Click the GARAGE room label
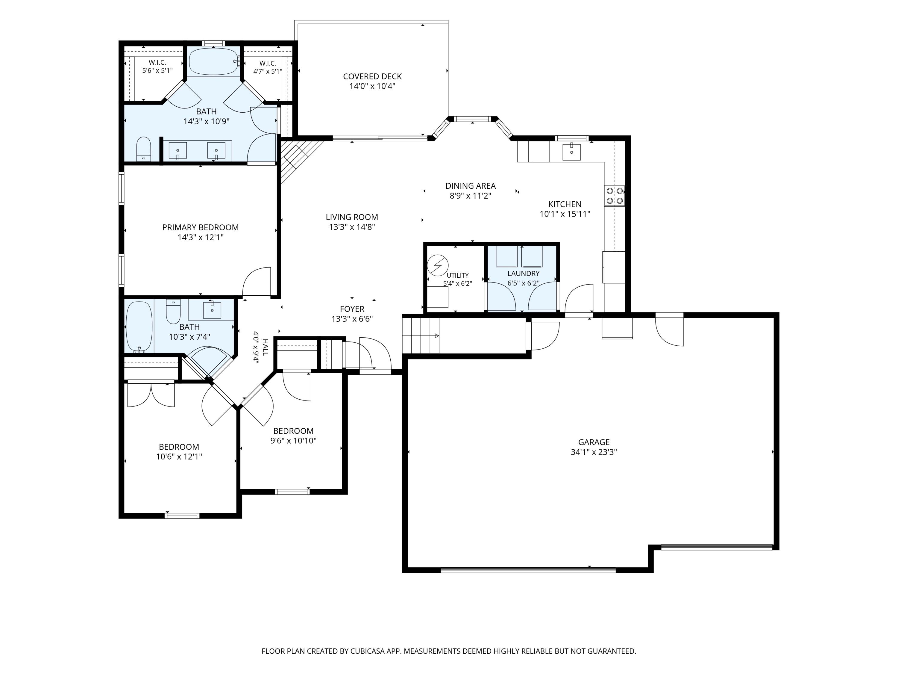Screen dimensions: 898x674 pyautogui.click(x=594, y=442)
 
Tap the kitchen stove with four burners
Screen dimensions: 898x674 pyautogui.click(x=615, y=196)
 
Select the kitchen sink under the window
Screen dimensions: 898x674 pyautogui.click(x=572, y=152)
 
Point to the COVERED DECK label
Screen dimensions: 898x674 pyautogui.click(x=372, y=76)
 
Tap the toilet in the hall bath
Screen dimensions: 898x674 pyautogui.click(x=173, y=312)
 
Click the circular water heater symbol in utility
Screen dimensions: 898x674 pyautogui.click(x=437, y=265)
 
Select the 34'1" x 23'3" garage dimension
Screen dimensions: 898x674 pyautogui.click(x=594, y=452)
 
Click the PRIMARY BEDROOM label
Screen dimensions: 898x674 pyautogui.click(x=201, y=227)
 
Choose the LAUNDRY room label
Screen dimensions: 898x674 pyautogui.click(x=523, y=274)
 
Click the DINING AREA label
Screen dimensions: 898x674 pyautogui.click(x=471, y=186)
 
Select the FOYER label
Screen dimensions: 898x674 pyautogui.click(x=352, y=309)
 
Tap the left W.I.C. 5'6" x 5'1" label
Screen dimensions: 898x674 pyautogui.click(x=157, y=67)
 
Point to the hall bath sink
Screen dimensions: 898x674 pyautogui.click(x=212, y=310)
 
